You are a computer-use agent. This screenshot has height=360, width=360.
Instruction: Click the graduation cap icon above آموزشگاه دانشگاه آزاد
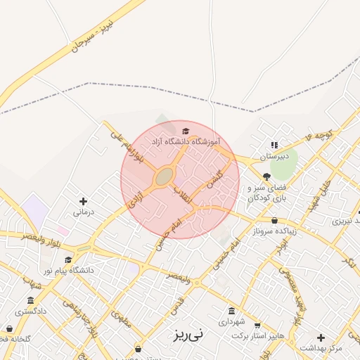click(186, 131)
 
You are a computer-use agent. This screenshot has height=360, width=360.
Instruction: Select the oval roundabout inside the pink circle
click(165, 176)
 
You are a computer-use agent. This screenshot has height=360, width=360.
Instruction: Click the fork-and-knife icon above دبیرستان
click(274, 146)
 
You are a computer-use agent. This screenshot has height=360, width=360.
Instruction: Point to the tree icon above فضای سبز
click(266, 176)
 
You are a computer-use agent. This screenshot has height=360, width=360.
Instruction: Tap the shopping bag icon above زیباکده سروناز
click(274, 220)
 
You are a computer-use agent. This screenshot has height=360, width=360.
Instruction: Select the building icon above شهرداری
click(232, 311)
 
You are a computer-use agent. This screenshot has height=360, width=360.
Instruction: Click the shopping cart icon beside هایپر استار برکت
click(257, 326)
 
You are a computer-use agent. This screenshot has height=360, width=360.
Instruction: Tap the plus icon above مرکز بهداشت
click(321, 337)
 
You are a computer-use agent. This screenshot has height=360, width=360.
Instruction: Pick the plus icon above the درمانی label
click(83, 201)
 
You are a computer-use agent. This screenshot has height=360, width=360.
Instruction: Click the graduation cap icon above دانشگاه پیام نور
click(68, 259)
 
